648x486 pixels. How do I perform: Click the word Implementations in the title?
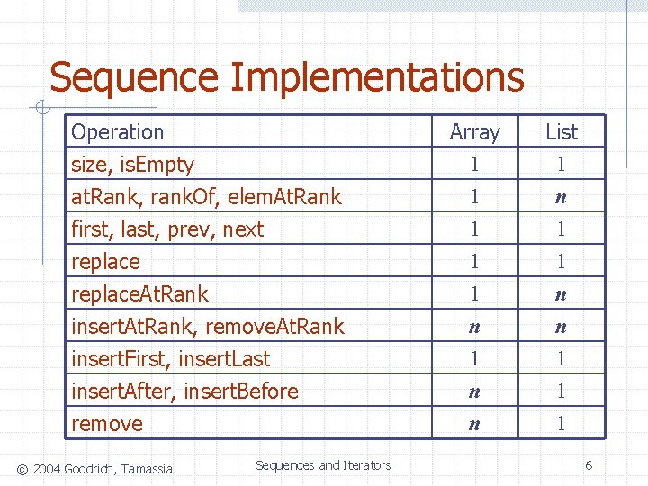pos(377,77)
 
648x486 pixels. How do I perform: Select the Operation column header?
pos(118,132)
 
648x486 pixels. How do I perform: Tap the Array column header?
pos(474,132)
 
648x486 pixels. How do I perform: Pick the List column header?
pos(562,132)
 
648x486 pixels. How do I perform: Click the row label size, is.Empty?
pos(133,165)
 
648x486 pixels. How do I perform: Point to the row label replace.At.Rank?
pos(139,294)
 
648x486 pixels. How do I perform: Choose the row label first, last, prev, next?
pos(167,229)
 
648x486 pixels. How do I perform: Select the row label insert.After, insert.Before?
pos(184,391)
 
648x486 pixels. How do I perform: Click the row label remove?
pos(107,424)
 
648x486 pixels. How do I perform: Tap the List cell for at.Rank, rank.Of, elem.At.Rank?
pos(562,197)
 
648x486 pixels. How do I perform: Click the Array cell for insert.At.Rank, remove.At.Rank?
pos(474,327)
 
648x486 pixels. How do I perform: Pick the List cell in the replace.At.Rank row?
pos(562,294)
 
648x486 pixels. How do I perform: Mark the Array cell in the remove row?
pos(474,424)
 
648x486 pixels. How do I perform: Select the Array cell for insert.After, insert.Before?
pos(474,391)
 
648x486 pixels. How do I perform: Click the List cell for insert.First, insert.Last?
pos(562,359)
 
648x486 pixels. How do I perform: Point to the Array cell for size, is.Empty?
pos(474,165)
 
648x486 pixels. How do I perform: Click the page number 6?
pos(588,465)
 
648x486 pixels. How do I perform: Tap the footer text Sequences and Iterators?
pos(323,465)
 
